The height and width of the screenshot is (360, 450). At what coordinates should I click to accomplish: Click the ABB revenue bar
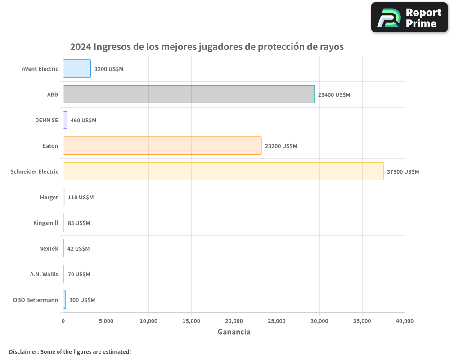(189, 94)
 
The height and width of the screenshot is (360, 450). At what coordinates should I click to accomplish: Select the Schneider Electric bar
(223, 171)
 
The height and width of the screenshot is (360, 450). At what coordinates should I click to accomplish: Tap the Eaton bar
(162, 146)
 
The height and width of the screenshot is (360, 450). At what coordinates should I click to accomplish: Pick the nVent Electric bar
(77, 69)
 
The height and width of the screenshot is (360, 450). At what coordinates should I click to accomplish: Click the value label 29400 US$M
(334, 95)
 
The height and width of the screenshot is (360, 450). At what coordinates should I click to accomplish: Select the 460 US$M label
(83, 121)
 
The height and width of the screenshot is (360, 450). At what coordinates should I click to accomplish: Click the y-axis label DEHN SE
(46, 120)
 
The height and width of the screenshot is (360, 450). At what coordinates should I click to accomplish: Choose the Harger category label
(49, 197)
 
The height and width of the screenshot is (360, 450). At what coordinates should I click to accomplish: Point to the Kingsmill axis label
(45, 223)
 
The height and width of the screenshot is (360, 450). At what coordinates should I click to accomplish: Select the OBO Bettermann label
(36, 300)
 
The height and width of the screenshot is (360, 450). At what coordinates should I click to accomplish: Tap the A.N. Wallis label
(44, 274)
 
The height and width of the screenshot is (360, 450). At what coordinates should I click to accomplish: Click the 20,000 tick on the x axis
(234, 321)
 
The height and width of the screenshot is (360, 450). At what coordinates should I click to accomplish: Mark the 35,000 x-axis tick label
(362, 321)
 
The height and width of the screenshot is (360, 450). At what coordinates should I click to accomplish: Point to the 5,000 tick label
(106, 321)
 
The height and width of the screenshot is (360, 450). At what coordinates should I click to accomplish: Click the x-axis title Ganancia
(234, 332)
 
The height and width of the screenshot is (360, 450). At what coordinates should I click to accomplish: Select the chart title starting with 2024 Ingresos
(207, 47)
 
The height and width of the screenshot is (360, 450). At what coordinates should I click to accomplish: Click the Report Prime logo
(409, 18)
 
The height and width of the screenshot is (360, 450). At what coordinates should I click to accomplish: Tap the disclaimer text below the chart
(70, 351)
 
